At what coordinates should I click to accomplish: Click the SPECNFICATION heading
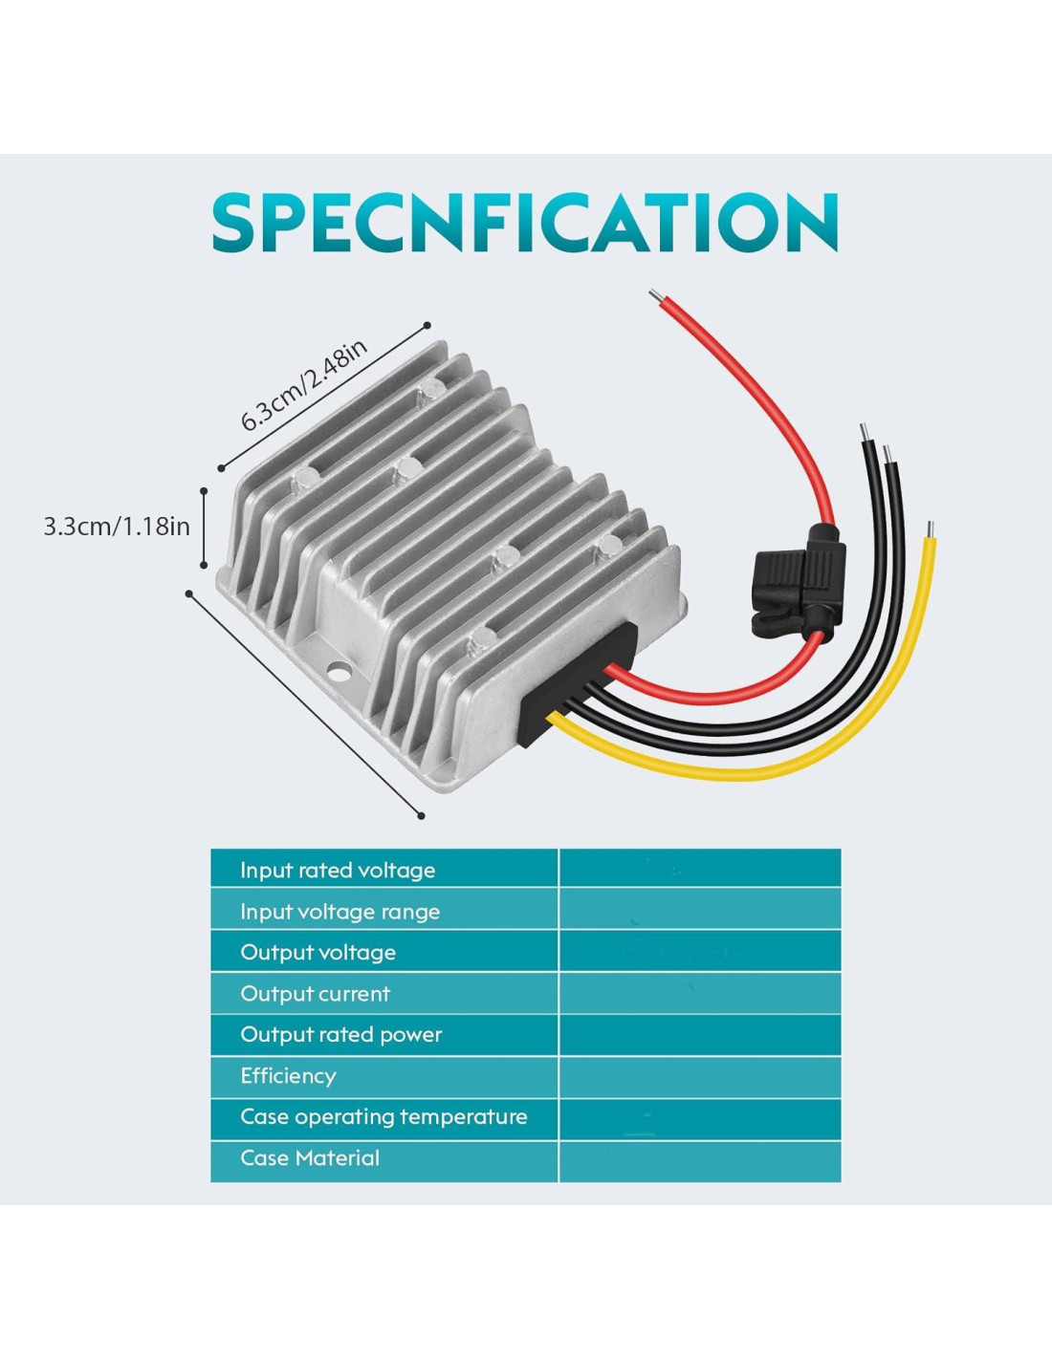[525, 223]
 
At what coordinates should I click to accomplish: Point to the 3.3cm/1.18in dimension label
[117, 526]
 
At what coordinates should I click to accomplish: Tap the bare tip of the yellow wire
[931, 529]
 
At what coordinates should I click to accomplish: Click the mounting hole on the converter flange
[339, 672]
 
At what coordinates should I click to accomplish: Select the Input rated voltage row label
[338, 870]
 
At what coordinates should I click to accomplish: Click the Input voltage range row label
[340, 912]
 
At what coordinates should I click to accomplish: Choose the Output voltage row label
[318, 952]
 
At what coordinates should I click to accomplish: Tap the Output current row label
[315, 994]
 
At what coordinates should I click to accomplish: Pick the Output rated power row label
[340, 1035]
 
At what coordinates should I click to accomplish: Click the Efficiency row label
[288, 1076]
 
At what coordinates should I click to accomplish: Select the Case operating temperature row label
[384, 1117]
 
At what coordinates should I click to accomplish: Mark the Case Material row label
[310, 1158]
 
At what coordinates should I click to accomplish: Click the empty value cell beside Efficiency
[699, 1076]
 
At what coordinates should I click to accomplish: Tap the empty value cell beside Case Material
[699, 1160]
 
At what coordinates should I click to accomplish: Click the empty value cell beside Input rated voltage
[699, 868]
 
